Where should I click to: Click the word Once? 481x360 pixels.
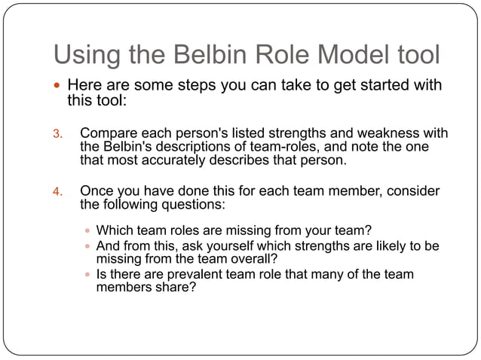pyautogui.click(x=97, y=191)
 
